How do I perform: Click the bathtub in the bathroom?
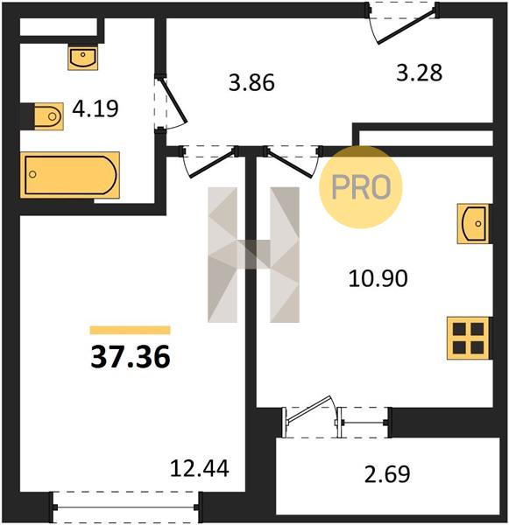point(70,175)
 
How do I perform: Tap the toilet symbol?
point(48,116)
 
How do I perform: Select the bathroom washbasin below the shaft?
point(83,57)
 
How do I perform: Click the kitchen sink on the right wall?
point(474,223)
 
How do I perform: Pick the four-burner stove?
point(468,338)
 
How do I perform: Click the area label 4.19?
point(95,108)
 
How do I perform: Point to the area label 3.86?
point(251,83)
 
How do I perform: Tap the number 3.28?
point(419,73)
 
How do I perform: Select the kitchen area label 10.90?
point(378,278)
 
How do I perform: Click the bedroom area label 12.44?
point(200,468)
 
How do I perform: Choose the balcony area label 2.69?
point(387,474)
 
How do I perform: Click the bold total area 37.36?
point(131,357)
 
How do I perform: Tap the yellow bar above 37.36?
point(131,330)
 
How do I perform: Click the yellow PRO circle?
point(360,187)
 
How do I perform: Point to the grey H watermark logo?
point(253,255)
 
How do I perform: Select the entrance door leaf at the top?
point(406,27)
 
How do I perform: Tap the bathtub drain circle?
point(32,174)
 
